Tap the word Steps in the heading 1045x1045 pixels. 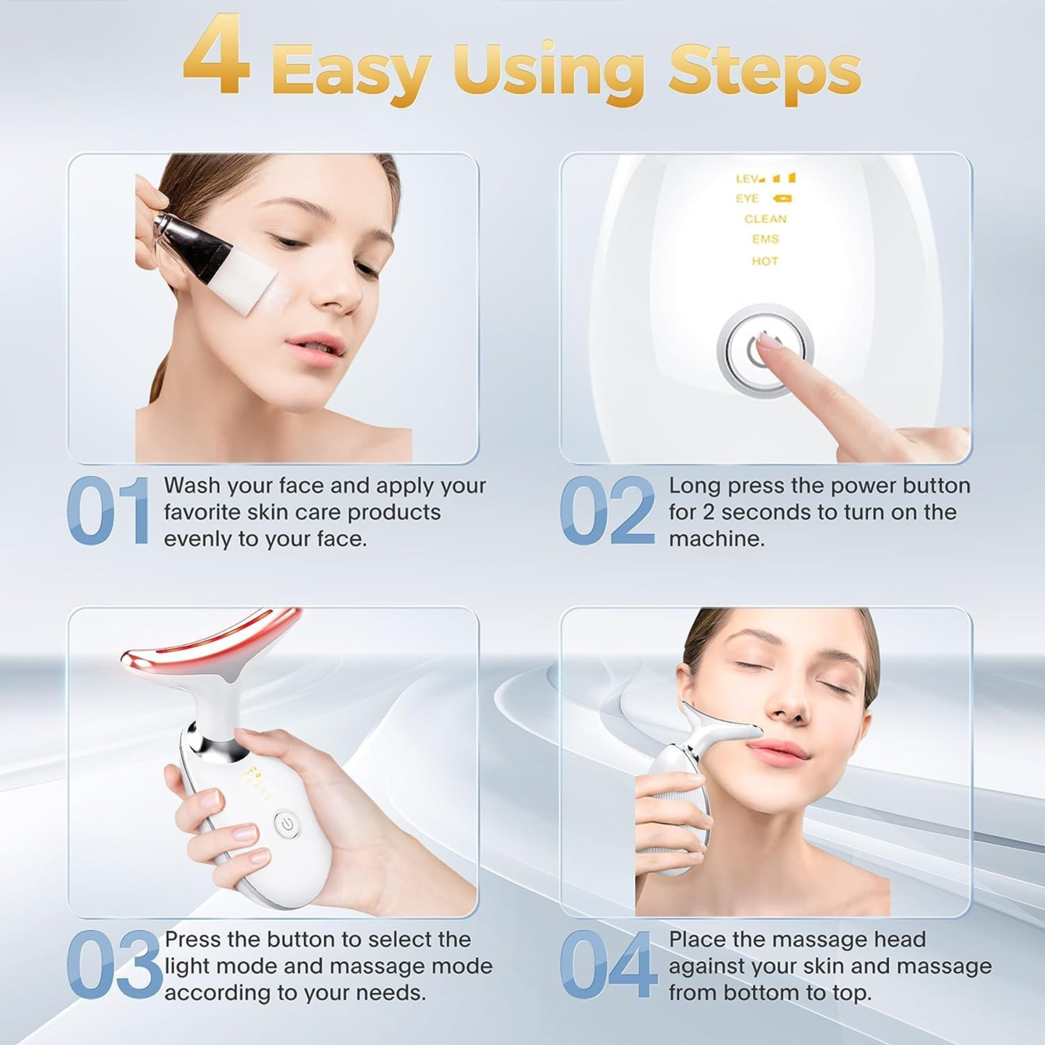click(764, 71)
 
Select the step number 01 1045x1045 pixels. click(108, 511)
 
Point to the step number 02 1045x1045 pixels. click(607, 511)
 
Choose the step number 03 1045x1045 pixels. click(114, 965)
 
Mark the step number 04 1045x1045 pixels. click(608, 965)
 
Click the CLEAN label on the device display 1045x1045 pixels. click(765, 219)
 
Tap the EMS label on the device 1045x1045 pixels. click(765, 239)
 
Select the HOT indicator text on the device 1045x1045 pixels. click(765, 261)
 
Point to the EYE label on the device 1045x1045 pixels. click(748, 199)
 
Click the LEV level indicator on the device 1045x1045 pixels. click(748, 179)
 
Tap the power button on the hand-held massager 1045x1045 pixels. click(286, 824)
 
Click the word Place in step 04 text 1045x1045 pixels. click(697, 939)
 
